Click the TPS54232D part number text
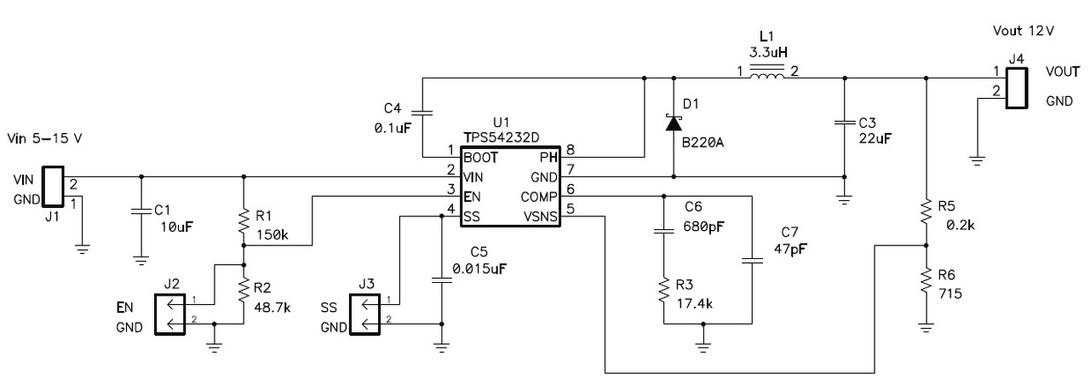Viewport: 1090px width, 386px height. coord(502,138)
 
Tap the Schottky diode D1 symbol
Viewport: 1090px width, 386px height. coord(674,123)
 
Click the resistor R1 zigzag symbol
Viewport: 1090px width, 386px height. coord(244,221)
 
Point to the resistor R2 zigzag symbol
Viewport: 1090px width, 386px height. coord(244,289)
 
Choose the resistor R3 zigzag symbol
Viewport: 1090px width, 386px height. coord(664,291)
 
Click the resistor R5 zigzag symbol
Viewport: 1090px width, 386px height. coord(926,211)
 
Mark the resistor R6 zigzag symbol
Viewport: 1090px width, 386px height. coord(926,280)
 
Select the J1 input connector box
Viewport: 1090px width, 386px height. coord(53,187)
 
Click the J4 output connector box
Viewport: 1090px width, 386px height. coord(1017,88)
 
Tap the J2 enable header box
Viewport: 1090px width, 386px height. coord(169,314)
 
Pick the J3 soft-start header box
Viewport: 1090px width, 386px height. coord(364,314)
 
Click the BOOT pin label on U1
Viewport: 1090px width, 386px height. coord(480,158)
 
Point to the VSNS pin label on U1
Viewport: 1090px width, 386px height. coord(540,216)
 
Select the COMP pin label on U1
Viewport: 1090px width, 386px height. coord(539,197)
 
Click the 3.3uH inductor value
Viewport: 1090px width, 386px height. coord(768,52)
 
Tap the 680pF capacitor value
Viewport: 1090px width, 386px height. coord(703,227)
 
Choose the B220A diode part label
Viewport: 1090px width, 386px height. coord(703,142)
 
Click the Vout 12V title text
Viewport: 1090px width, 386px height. coord(1024,31)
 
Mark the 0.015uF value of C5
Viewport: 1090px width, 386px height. coord(479,268)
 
